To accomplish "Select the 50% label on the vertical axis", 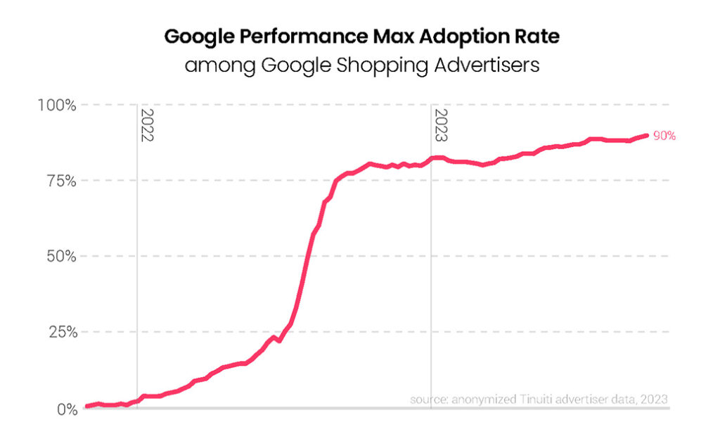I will (59, 256).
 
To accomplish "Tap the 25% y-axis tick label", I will (59, 331).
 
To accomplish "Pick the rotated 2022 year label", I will (147, 126).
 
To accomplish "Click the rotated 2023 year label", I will (441, 126).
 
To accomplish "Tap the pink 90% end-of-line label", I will (664, 136).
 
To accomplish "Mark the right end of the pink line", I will (646, 135).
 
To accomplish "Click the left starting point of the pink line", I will (86, 406).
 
